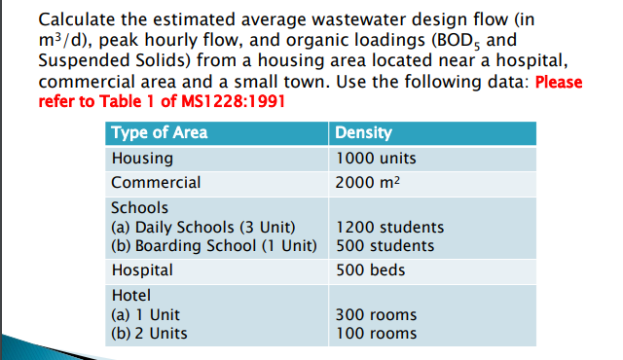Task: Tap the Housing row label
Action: click(x=142, y=158)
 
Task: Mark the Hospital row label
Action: click(x=142, y=270)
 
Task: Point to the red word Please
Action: click(x=558, y=82)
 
